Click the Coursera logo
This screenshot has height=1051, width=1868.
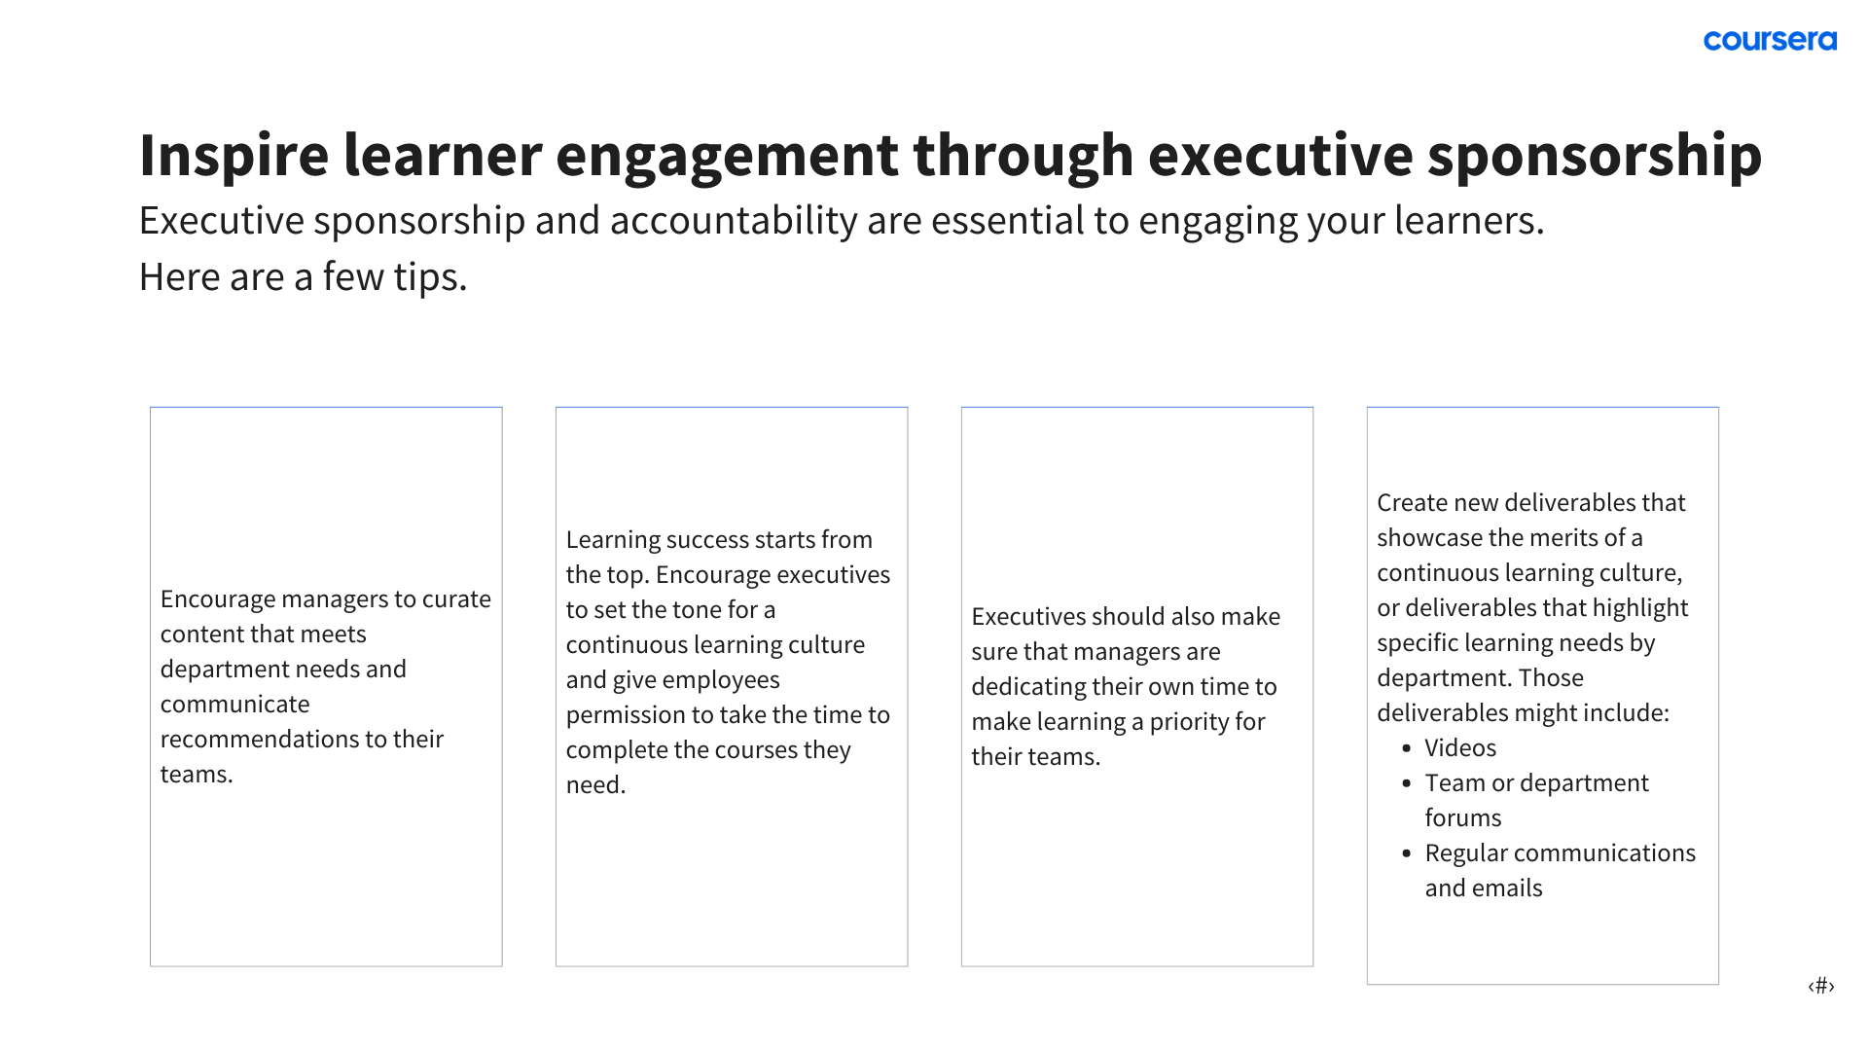point(1770,41)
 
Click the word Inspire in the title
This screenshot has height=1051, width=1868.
point(234,155)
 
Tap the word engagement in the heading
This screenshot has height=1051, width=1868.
point(727,157)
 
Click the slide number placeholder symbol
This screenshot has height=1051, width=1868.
point(1821,986)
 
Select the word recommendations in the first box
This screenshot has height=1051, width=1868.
point(260,740)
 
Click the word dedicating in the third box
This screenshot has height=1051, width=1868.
point(1028,688)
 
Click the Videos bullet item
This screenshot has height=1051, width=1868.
point(1460,748)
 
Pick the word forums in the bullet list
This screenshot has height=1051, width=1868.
point(1463,818)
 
